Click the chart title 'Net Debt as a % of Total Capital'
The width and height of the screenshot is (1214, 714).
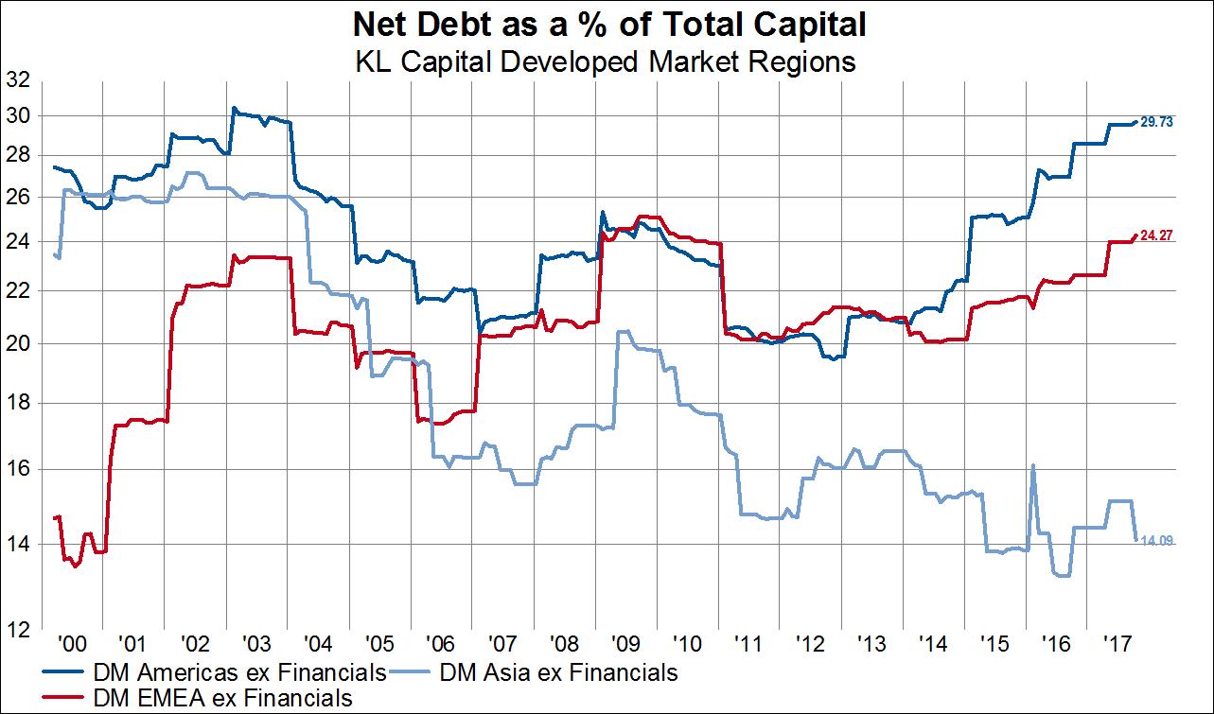[607, 24]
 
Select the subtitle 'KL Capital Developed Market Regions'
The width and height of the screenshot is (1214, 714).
[607, 62]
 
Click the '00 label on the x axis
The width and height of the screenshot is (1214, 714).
[69, 643]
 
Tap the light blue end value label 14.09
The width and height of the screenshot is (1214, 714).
[1157, 540]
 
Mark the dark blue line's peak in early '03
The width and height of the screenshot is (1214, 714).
[234, 108]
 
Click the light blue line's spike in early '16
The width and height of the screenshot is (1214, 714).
[1032, 465]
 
